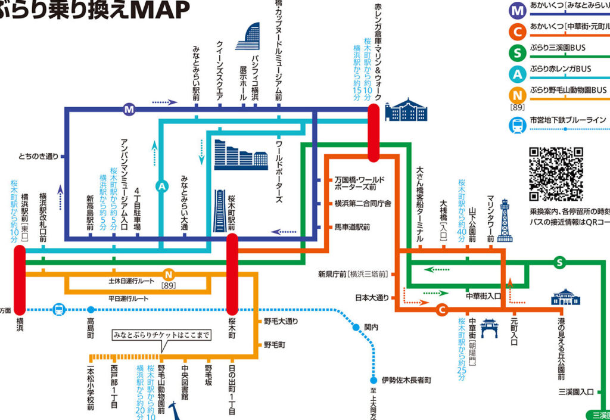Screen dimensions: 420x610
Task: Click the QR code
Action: pyautogui.click(x=556, y=174)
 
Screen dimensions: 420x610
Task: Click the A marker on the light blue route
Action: pyautogui.click(x=161, y=186)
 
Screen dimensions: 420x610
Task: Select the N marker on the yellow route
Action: pyautogui.click(x=169, y=275)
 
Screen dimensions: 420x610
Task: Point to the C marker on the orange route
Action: pyautogui.click(x=441, y=309)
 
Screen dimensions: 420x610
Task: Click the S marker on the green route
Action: pyautogui.click(x=559, y=262)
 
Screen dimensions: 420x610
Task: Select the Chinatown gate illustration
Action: pyautogui.click(x=489, y=328)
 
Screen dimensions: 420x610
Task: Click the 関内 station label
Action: pyautogui.click(x=371, y=326)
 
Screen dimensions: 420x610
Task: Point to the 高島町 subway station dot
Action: pyautogui.click(x=91, y=309)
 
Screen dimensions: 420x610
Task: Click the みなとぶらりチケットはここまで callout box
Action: pyautogui.click(x=162, y=335)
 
